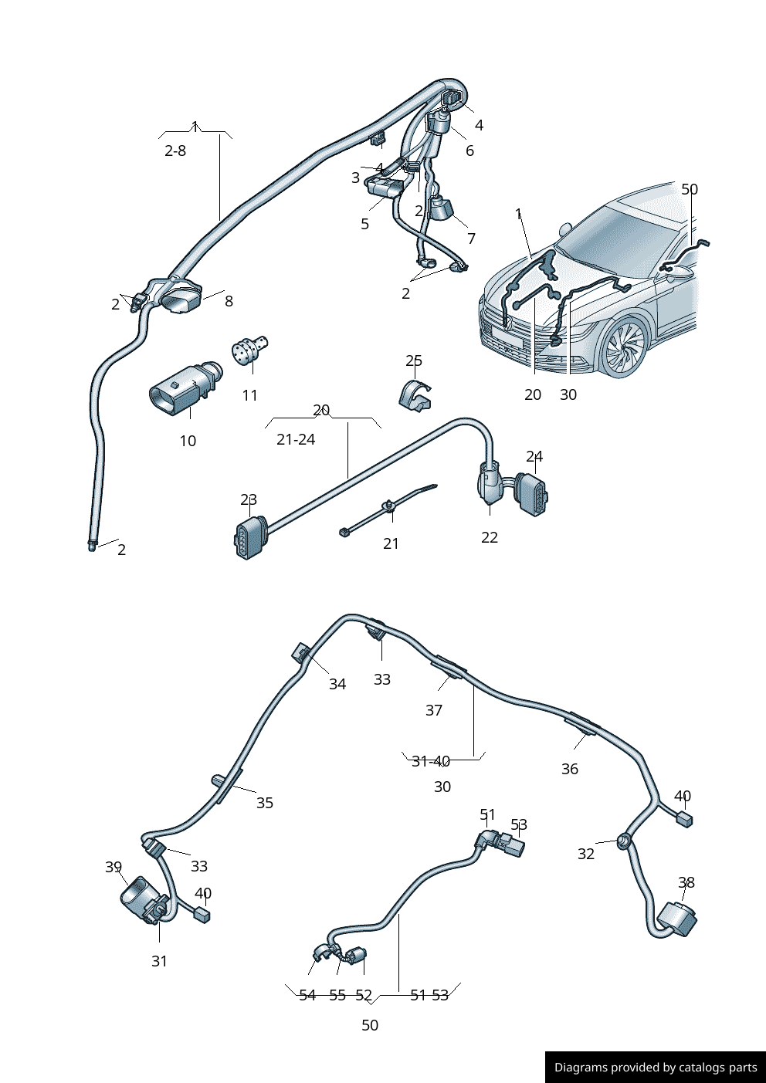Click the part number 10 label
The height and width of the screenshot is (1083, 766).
click(188, 441)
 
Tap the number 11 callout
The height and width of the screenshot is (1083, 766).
click(249, 395)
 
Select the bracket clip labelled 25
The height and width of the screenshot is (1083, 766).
click(415, 394)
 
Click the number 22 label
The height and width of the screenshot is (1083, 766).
click(490, 537)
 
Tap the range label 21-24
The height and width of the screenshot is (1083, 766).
click(296, 439)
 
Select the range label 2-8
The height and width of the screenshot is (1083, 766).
click(175, 151)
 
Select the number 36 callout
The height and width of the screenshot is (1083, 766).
click(570, 769)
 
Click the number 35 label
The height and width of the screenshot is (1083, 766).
click(265, 803)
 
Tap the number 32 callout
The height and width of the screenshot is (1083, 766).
click(586, 853)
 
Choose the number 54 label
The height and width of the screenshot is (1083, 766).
click(307, 995)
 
